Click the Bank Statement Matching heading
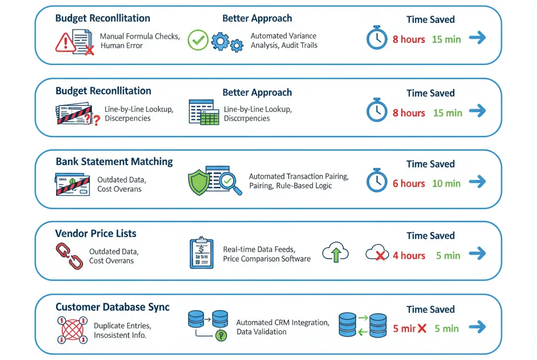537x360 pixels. point(114,162)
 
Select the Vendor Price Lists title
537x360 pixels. point(96,233)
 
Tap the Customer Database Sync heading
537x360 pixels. point(112,307)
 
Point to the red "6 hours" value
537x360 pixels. point(409,183)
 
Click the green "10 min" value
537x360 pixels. point(446,183)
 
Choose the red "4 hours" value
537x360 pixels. point(409,256)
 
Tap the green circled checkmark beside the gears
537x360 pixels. point(198,40)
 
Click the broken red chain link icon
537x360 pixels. point(69,256)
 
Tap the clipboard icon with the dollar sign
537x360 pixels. point(200,253)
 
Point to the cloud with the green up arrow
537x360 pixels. point(336,253)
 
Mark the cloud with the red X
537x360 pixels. point(376,254)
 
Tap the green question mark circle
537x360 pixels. point(222,336)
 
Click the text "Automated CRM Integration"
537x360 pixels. point(283,323)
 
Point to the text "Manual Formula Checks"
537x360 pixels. point(139,36)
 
